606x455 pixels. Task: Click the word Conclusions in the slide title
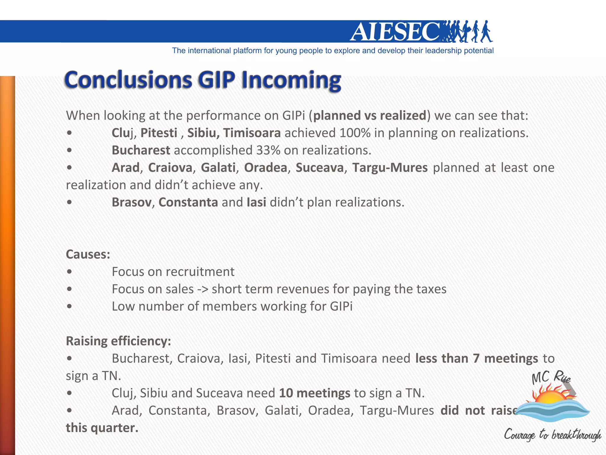coord(128,80)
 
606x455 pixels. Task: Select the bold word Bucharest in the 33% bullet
coord(141,150)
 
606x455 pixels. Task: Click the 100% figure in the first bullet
coord(355,133)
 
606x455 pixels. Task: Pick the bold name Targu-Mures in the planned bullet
coord(390,168)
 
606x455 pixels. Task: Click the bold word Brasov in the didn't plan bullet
coord(131,202)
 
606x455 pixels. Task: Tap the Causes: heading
coord(88,254)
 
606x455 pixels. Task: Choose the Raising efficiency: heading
coord(118,341)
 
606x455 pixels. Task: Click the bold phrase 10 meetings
coord(315,393)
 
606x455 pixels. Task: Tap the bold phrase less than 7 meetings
coord(476,359)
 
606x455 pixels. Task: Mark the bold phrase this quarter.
coord(102,428)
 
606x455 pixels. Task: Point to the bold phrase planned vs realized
coord(370,116)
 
